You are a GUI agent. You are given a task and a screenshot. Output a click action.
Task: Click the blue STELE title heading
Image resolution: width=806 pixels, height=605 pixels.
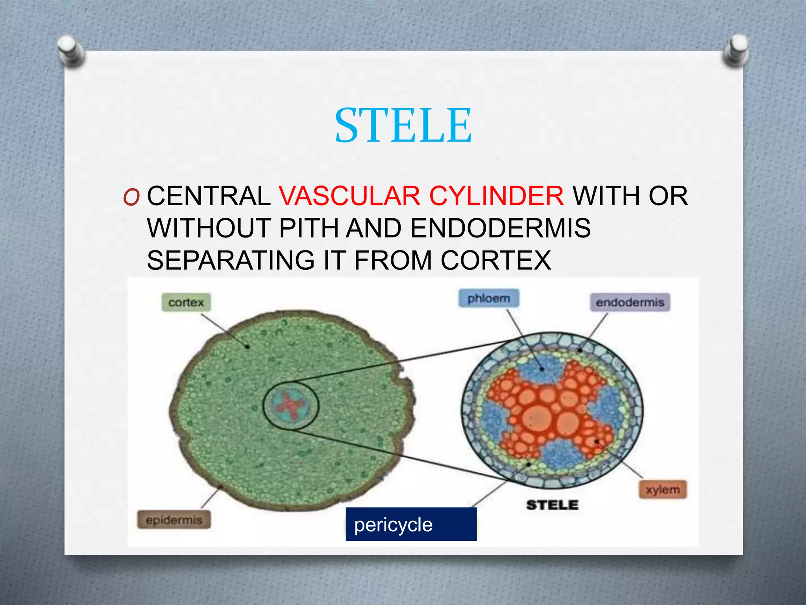[x=403, y=125]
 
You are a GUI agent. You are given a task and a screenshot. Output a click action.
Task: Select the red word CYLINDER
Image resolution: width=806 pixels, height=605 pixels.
[x=497, y=196]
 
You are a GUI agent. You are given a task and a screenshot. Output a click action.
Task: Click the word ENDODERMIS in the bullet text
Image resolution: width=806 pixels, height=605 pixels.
[x=500, y=228]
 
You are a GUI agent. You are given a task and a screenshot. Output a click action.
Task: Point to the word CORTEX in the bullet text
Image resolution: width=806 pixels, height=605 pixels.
[x=495, y=260]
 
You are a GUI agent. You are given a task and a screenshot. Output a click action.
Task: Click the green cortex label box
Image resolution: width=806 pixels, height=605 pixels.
[x=186, y=302]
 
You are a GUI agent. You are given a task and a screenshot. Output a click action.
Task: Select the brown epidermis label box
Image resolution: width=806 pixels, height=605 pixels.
[x=174, y=520]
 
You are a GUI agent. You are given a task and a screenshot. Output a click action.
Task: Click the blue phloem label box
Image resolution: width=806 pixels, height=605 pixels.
[x=488, y=298]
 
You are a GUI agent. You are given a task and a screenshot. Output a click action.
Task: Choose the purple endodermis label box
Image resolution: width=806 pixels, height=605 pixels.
[x=630, y=302]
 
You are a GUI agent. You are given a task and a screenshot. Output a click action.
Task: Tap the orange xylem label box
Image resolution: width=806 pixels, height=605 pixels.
[x=663, y=490]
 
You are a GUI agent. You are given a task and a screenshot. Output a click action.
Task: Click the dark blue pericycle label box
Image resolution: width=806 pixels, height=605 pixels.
[x=411, y=524]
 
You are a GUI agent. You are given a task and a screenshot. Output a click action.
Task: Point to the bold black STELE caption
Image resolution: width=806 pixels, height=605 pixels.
[x=552, y=505]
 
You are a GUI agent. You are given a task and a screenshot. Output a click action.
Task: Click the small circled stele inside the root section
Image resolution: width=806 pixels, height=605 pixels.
[x=290, y=406]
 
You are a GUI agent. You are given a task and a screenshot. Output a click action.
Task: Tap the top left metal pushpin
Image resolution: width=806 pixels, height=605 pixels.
[x=70, y=50]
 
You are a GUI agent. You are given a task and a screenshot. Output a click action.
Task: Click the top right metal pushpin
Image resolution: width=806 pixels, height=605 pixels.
[x=736, y=50]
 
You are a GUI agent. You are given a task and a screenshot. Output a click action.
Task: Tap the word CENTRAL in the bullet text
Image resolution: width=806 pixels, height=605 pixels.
[x=209, y=196]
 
